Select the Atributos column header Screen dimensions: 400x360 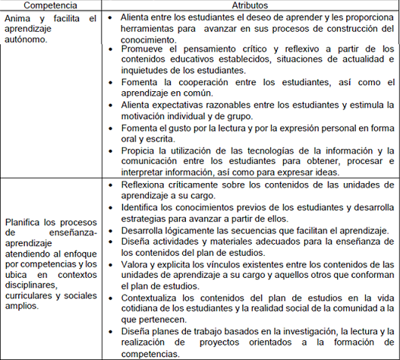pos(247,5)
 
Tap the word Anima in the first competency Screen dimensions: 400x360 pos(17,18)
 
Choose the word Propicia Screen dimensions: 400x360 pos(139,150)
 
